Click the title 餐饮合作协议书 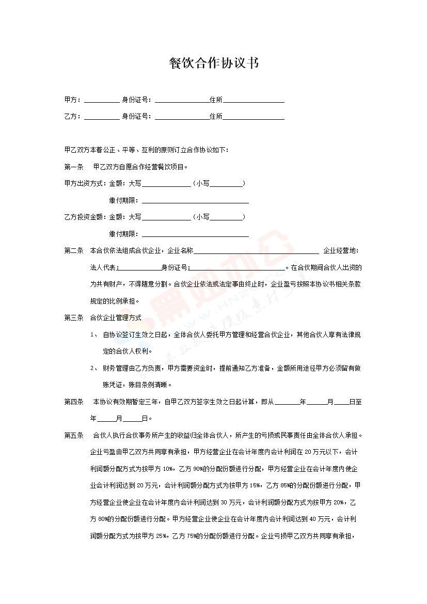213,63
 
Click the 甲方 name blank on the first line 101,101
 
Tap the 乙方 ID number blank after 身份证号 182,117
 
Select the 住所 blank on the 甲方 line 254,101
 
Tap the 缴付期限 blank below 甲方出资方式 195,201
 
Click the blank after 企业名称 256,251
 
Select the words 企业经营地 340,251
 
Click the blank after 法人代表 139,268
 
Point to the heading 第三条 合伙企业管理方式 102,318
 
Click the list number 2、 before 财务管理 93,368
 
